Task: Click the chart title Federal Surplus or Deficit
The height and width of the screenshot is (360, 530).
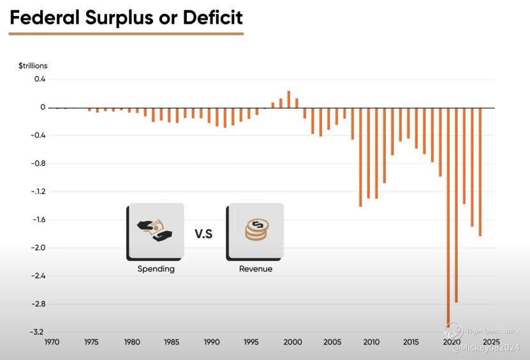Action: coord(126,17)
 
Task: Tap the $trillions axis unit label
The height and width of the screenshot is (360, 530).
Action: coord(33,66)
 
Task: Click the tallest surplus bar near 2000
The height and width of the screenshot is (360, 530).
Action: coord(288,99)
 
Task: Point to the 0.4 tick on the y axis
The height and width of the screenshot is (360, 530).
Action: coord(40,79)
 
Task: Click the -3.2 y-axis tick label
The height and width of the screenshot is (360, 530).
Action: coord(37,332)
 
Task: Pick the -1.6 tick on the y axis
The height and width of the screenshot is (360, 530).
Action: coord(37,220)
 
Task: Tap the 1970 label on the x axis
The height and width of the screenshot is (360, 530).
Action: coord(52,342)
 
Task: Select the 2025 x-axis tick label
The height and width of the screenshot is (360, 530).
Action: coord(491,342)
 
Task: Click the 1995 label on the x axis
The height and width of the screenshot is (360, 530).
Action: coord(251,342)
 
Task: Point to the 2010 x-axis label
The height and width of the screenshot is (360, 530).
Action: coord(371,342)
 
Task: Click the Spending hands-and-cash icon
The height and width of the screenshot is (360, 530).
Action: coord(156,231)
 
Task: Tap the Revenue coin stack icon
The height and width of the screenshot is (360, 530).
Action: coord(256,231)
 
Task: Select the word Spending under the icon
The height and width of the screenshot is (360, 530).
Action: coord(156,269)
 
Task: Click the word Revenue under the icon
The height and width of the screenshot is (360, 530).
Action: coord(256,269)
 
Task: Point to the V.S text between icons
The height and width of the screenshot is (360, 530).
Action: coord(203,234)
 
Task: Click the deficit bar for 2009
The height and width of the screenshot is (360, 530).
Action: coord(360,157)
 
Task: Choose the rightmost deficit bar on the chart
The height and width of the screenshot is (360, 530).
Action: coord(480,172)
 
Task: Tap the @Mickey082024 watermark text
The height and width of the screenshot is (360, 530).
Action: coord(486,347)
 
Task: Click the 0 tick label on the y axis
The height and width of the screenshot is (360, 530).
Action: coord(43,107)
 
